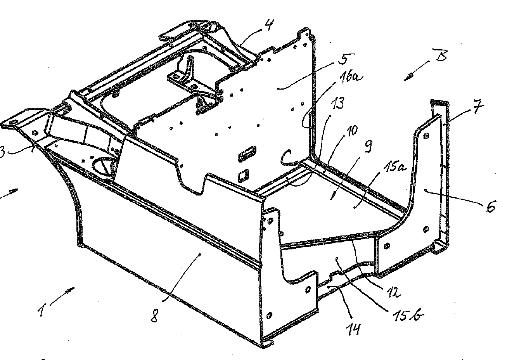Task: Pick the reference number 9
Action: pos(368,147)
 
